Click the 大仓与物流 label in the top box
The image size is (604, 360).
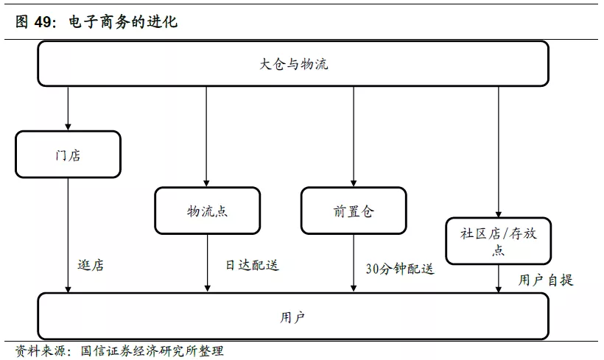[x=293, y=64]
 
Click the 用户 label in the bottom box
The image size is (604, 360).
[x=292, y=317]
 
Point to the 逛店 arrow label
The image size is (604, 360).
[x=91, y=265]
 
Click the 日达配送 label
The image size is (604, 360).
[x=253, y=265]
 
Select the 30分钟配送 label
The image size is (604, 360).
[x=400, y=269]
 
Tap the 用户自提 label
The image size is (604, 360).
[x=546, y=280]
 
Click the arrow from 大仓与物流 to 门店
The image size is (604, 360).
[x=69, y=108]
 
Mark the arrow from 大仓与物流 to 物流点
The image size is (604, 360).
[x=206, y=137]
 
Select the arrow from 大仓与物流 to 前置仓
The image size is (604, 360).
[x=354, y=137]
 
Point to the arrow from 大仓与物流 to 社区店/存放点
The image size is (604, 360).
[x=499, y=152]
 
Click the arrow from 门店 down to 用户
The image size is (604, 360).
[x=69, y=236]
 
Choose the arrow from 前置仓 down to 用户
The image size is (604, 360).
[x=354, y=263]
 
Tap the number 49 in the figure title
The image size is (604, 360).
[x=43, y=21]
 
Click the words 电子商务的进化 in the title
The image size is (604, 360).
[x=123, y=21]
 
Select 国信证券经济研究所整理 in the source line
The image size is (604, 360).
[x=152, y=350]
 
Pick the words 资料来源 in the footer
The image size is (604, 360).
[x=41, y=350]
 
